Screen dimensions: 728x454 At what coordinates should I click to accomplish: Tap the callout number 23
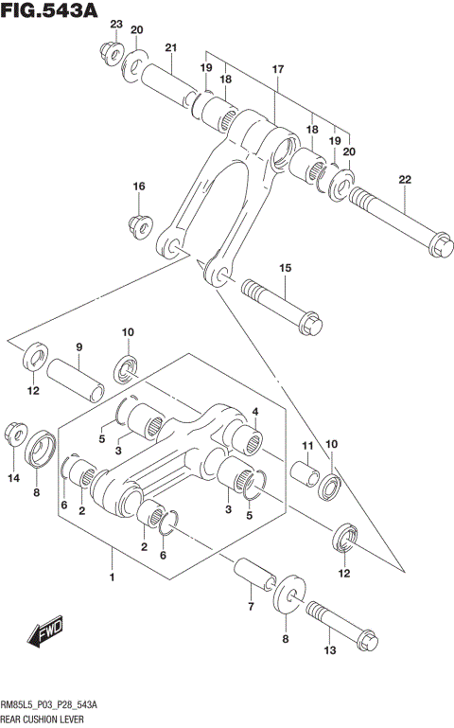click(x=116, y=24)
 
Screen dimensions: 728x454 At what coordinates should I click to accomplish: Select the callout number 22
click(x=405, y=180)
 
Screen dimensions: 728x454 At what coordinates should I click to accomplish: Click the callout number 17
click(x=278, y=70)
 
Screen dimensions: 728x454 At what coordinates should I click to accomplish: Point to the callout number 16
click(x=138, y=186)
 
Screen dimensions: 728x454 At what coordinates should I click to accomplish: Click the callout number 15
click(x=285, y=269)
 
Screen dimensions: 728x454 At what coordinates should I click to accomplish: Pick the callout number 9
click(x=79, y=346)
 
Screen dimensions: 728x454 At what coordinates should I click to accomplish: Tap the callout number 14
click(x=13, y=479)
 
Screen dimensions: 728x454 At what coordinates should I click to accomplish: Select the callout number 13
click(x=329, y=649)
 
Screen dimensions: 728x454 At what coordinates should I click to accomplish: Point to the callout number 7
click(x=251, y=606)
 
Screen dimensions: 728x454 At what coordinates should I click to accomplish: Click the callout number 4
click(x=255, y=412)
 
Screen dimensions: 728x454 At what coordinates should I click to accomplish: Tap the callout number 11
click(x=306, y=445)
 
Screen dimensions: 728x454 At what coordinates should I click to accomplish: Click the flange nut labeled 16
click(x=138, y=225)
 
